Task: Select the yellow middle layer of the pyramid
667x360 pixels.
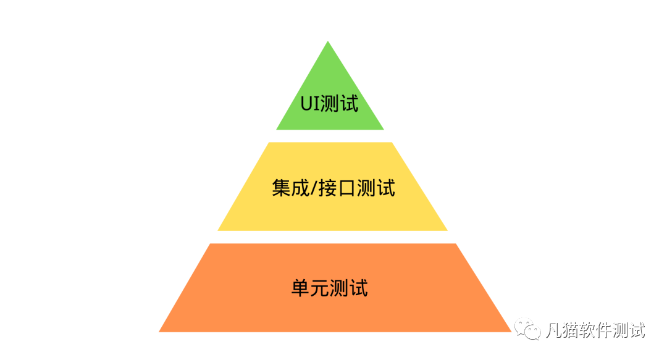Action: click(x=332, y=210)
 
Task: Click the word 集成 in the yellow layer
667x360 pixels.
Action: click(x=290, y=188)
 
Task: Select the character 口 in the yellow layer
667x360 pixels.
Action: click(x=345, y=188)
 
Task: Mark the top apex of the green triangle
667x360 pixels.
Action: click(x=328, y=42)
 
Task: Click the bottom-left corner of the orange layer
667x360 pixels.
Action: click(x=160, y=331)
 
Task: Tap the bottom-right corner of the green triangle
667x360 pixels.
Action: click(x=383, y=129)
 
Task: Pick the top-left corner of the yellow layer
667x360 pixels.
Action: click(x=269, y=143)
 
